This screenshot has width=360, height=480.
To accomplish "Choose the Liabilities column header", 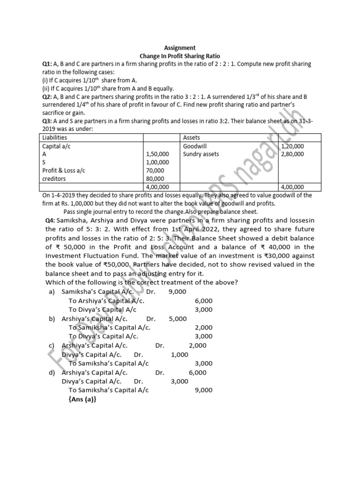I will (54, 137).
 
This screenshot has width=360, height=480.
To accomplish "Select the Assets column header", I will (192, 137).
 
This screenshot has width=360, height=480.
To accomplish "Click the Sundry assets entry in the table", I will (201, 154).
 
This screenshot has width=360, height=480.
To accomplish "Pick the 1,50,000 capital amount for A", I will (157, 154).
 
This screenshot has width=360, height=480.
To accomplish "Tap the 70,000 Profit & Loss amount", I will (155, 171).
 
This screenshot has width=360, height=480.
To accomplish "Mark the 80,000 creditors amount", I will (155, 179).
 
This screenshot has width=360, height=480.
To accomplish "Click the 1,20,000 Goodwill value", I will (292, 146).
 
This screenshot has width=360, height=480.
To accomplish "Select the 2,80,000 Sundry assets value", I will (292, 154).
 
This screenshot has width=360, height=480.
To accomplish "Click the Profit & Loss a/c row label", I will (64, 171).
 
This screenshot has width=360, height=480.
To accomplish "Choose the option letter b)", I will (52, 319).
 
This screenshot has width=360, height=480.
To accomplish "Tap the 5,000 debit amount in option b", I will (178, 319).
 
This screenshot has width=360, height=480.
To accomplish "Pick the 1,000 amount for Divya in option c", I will (180, 355).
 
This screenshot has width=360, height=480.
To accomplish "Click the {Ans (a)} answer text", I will (82, 399).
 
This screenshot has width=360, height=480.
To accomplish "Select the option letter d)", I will (52, 373).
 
